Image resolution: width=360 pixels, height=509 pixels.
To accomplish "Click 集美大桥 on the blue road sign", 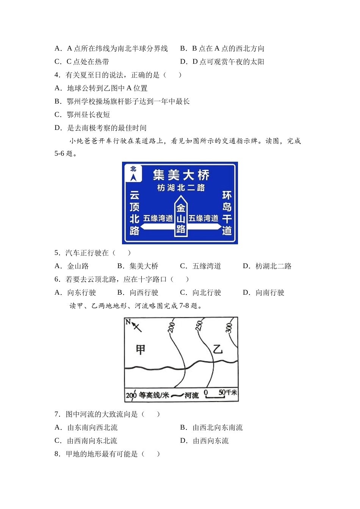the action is click(x=181, y=175).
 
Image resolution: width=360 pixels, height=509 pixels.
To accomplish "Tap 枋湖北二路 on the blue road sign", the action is click(x=181, y=188).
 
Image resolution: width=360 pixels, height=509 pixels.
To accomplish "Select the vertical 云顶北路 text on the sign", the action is click(x=135, y=213).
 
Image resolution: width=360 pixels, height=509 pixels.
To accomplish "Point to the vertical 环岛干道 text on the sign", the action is click(x=227, y=213).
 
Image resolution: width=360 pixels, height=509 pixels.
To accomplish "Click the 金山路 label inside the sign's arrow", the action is click(x=181, y=219).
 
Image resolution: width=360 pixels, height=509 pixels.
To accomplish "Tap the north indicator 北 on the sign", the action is click(x=133, y=169).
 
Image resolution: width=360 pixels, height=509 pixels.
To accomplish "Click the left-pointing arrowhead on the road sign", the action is click(x=143, y=226).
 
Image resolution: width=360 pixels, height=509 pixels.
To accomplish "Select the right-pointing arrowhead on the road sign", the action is click(x=218, y=226).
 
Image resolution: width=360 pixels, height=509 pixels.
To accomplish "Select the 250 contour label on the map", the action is click(x=199, y=326).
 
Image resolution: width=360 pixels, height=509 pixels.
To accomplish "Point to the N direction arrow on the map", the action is click(x=136, y=327).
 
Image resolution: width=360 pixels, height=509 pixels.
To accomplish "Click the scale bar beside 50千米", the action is click(x=215, y=397).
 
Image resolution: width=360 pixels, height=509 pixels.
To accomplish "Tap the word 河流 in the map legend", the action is click(x=191, y=396).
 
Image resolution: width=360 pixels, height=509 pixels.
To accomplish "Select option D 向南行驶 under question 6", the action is click(x=264, y=292).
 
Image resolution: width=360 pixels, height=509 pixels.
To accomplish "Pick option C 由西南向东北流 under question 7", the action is click(x=86, y=440).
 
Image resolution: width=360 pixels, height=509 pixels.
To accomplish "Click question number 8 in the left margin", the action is click(x=57, y=454).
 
